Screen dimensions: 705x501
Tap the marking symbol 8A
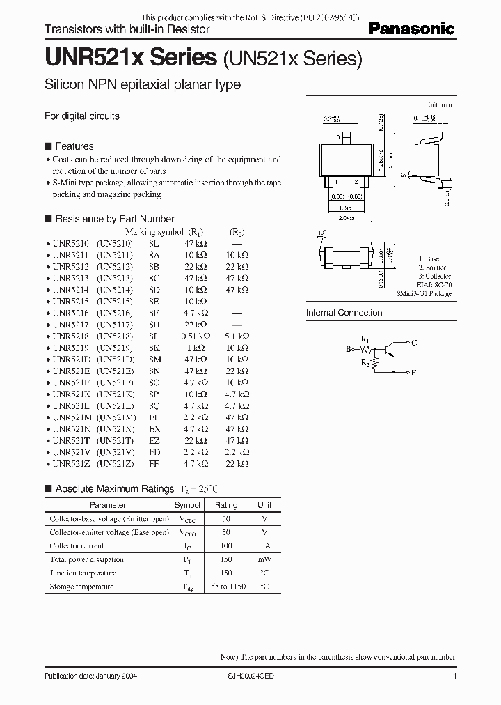coord(154,255)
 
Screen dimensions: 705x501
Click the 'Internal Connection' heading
coord(344,313)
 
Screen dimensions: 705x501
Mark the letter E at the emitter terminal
coord(414,373)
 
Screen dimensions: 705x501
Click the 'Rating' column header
coord(226,505)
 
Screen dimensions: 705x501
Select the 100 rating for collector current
coord(226,546)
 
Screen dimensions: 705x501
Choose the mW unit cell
coord(264,559)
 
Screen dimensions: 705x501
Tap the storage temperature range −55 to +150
coord(226,587)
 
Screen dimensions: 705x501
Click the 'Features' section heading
coord(74,146)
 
